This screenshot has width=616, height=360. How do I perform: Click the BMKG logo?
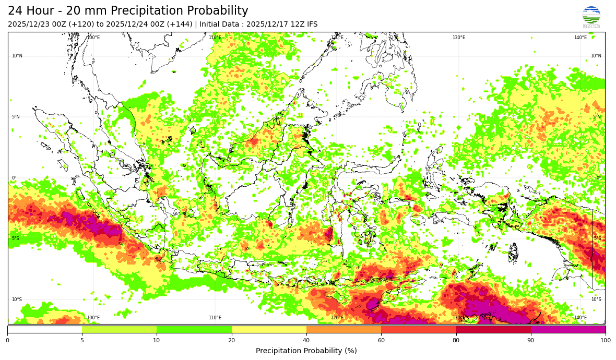click(x=591, y=17)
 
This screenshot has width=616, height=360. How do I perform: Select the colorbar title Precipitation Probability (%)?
click(x=306, y=351)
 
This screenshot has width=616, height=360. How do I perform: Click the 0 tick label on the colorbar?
click(x=7, y=340)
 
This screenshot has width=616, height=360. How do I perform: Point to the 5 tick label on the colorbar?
click(x=82, y=340)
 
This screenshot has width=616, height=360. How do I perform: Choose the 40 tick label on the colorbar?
click(x=306, y=340)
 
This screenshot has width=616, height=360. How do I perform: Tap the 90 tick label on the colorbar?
click(x=531, y=340)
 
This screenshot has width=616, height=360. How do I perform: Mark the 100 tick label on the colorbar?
click(x=606, y=340)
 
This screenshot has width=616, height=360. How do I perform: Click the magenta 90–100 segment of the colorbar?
click(x=568, y=329)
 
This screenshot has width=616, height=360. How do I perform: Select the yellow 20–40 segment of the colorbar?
click(x=269, y=329)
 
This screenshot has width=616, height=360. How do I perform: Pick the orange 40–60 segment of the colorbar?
click(x=343, y=329)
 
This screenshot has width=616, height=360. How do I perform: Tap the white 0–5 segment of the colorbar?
click(x=44, y=329)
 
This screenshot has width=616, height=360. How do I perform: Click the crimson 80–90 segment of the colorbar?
click(x=493, y=329)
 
